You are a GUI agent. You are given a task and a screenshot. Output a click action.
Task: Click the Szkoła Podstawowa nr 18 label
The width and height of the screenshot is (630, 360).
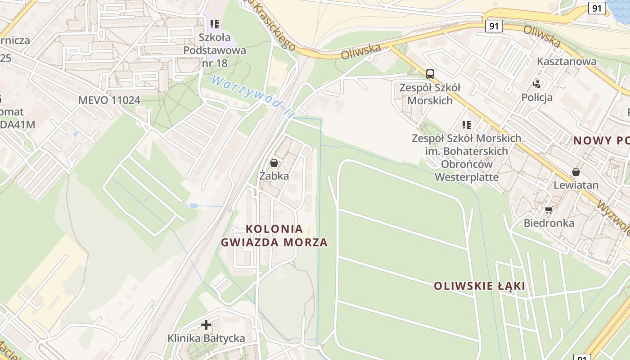215,50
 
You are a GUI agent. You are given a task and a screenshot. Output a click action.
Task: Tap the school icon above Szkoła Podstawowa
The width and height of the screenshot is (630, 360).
215,24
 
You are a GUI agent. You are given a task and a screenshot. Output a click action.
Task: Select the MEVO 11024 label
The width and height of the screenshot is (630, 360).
109,100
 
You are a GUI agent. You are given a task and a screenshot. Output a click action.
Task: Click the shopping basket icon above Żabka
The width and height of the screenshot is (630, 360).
274,163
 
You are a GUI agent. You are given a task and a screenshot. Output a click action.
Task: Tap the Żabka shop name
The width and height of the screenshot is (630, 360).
274,176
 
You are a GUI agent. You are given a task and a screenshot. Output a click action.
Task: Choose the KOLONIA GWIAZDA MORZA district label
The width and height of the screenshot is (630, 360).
274,235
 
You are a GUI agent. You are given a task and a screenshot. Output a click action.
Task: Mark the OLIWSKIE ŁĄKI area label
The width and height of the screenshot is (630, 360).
479,286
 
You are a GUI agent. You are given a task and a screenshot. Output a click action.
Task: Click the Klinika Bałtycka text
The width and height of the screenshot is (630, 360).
206,338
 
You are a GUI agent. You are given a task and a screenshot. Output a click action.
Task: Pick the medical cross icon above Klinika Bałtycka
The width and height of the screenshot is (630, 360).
206,324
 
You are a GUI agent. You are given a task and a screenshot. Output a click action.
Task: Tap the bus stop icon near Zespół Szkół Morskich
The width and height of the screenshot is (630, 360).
430,74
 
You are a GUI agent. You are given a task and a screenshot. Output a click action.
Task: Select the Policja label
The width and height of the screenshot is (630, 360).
537,97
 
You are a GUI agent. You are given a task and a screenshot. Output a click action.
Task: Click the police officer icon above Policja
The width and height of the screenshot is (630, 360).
537,84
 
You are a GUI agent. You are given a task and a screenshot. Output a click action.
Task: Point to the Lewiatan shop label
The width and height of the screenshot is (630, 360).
576,185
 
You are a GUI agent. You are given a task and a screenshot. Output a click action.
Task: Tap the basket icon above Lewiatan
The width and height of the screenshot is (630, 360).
576,172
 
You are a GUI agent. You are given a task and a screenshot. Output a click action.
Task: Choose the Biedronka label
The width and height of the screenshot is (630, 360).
549,223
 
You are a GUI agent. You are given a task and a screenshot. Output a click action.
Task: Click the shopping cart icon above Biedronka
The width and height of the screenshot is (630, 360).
549,210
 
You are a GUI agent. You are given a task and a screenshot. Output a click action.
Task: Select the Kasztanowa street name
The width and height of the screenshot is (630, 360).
567,61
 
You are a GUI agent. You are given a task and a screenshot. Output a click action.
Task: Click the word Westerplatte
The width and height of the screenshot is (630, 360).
467,177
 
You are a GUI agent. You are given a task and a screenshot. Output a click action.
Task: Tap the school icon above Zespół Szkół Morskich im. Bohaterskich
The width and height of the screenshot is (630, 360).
467,125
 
